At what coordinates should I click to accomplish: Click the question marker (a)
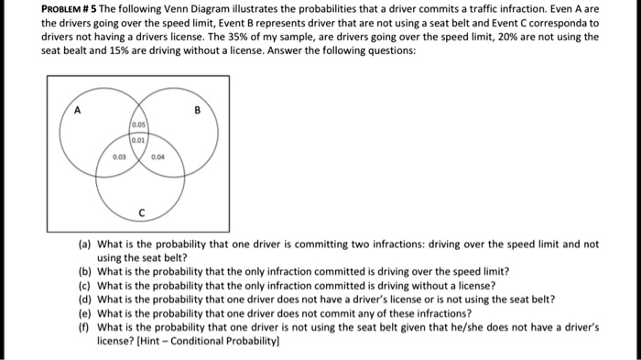pos(84,245)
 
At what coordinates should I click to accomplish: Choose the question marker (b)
pos(84,272)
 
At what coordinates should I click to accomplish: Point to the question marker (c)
pos(84,285)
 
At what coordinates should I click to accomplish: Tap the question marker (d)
pos(84,299)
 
